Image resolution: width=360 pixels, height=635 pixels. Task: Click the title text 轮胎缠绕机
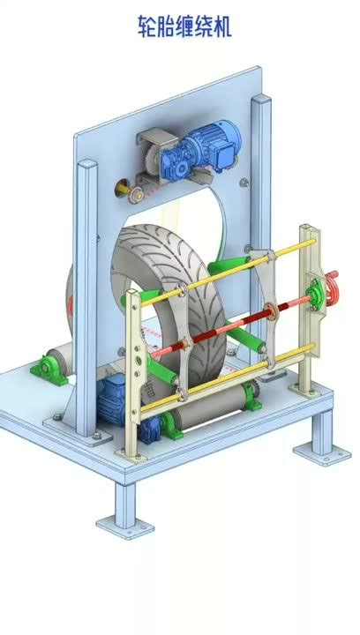click(184, 28)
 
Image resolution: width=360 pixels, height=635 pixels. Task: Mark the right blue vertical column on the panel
click(260, 176)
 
